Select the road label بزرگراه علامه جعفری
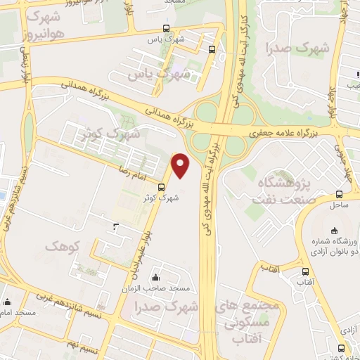[x=285, y=132]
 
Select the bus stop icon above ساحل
[x=340, y=194]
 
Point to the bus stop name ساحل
[x=339, y=205]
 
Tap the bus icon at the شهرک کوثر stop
[x=162, y=187]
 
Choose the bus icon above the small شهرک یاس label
[x=166, y=29]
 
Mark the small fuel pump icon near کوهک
[x=116, y=226]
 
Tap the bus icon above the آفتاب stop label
[x=304, y=271]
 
